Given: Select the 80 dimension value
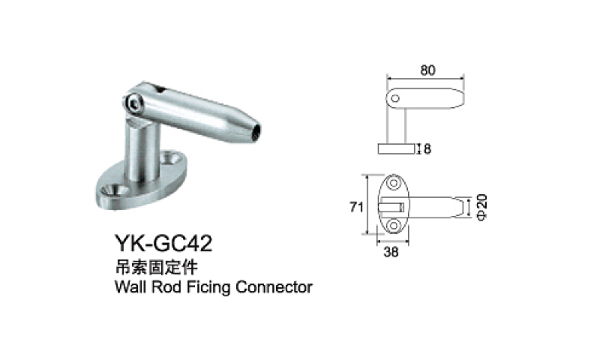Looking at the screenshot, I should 427,70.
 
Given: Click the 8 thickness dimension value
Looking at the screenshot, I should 427,148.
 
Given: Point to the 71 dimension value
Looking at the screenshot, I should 357,205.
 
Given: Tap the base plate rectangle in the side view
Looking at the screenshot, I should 396,148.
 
